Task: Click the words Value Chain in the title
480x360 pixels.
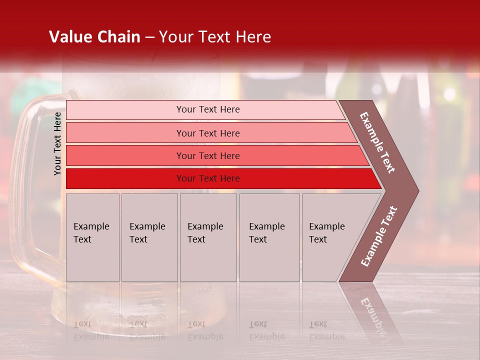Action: pos(94,37)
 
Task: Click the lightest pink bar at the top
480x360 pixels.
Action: pos(125,110)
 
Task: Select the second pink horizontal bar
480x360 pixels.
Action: pos(125,133)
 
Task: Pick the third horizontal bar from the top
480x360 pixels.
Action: pos(125,155)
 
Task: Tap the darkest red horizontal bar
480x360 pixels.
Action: pos(125,178)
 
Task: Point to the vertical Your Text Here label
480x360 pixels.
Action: pos(57,144)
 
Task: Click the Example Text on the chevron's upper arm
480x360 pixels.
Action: pos(377,142)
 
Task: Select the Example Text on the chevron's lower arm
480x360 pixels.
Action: pos(379,236)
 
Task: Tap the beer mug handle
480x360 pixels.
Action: pos(25,190)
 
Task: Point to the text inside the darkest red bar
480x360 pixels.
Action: pos(208,178)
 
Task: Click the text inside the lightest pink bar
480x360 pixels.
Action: pos(208,109)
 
